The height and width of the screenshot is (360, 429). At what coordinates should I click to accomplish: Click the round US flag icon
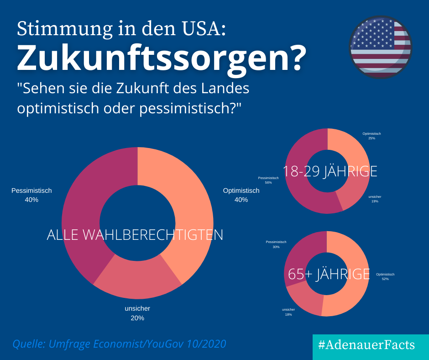point(380,47)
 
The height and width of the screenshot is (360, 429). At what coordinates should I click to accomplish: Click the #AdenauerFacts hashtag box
point(366,345)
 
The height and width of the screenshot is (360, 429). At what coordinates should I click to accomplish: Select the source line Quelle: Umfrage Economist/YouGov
point(119,344)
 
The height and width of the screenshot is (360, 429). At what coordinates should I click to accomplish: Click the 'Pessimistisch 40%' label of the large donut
point(31,195)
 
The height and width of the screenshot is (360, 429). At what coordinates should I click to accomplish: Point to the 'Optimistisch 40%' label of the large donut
point(241,195)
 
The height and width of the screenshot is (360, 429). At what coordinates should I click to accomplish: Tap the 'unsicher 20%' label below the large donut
point(137,313)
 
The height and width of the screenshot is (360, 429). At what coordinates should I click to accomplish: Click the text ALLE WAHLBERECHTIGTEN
point(135,235)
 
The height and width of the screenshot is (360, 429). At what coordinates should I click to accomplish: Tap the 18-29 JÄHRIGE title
point(330,171)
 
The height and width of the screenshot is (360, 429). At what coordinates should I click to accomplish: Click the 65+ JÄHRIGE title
point(329,274)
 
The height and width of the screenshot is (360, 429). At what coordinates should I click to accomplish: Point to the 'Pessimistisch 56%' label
point(268,180)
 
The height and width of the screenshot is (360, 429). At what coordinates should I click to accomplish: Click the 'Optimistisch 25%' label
point(371,136)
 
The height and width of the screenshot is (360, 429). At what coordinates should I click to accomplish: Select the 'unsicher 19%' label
point(375,199)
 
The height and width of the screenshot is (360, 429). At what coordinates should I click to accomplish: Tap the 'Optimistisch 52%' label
point(385,276)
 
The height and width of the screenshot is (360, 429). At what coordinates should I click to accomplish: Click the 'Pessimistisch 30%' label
point(276,244)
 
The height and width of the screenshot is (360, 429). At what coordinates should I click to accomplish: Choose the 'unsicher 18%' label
point(288,312)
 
